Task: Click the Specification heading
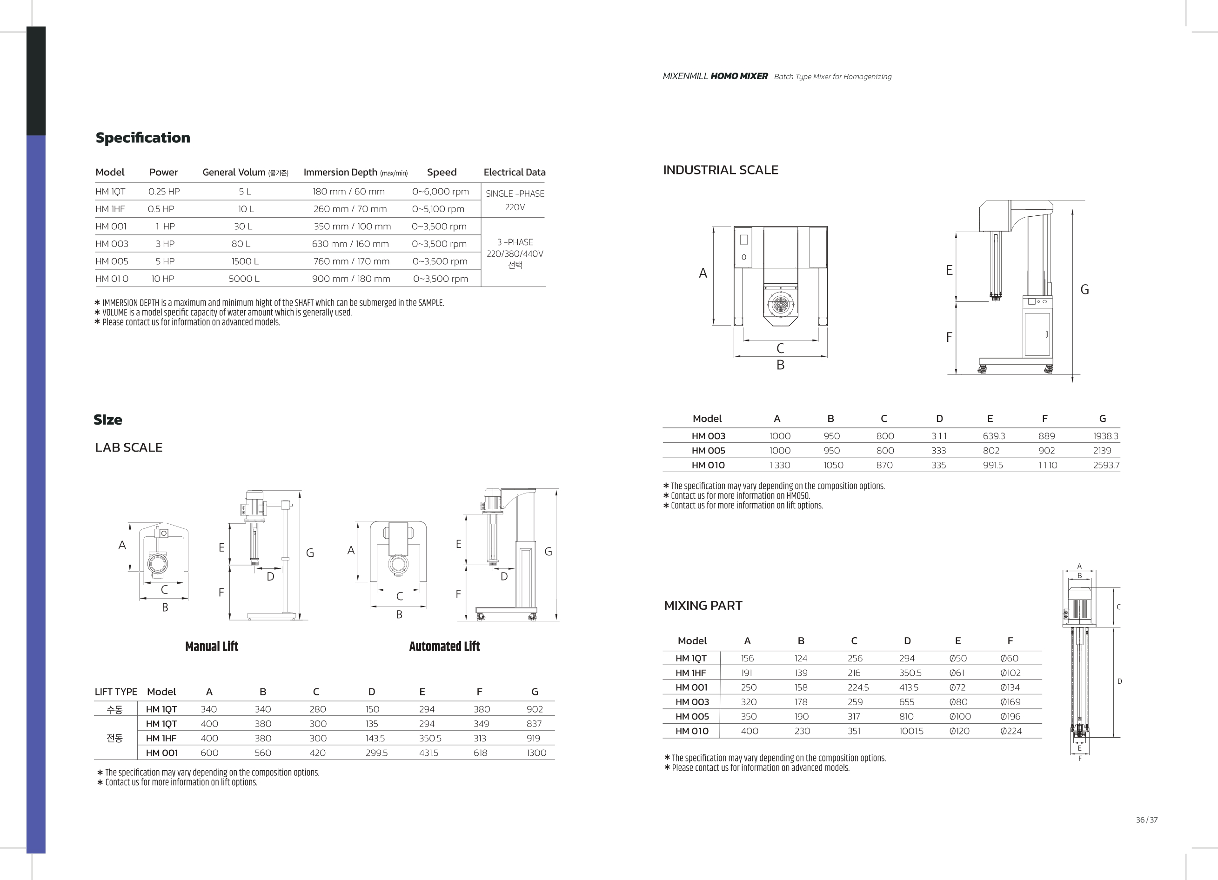pyautogui.click(x=143, y=138)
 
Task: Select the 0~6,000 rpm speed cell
pyautogui.click(x=441, y=192)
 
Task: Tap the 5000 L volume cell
pyautogui.click(x=244, y=279)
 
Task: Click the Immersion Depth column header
pyautogui.click(x=355, y=173)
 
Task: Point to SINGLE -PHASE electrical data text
pyautogui.click(x=515, y=193)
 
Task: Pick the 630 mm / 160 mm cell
pyautogui.click(x=350, y=244)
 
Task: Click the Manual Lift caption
pyautogui.click(x=212, y=647)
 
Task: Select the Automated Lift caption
pyautogui.click(x=445, y=647)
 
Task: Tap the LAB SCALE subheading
pyautogui.click(x=128, y=447)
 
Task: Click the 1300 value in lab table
pyautogui.click(x=536, y=753)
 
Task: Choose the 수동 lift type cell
pyautogui.click(x=114, y=709)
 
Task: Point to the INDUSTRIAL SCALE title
pyautogui.click(x=721, y=170)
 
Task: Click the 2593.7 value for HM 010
pyautogui.click(x=1106, y=465)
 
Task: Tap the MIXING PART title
pyautogui.click(x=703, y=606)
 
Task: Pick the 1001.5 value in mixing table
pyautogui.click(x=911, y=731)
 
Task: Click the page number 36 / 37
pyautogui.click(x=1146, y=820)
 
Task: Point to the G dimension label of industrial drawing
pyautogui.click(x=1085, y=289)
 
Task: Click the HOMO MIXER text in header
pyautogui.click(x=739, y=76)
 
